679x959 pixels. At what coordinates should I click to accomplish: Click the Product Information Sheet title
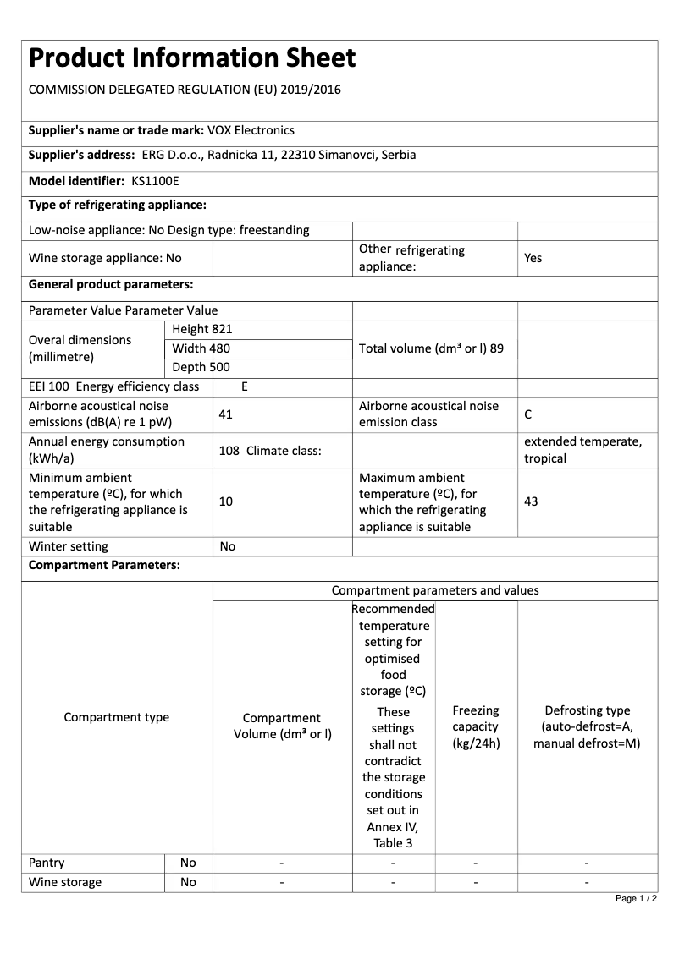tap(192, 58)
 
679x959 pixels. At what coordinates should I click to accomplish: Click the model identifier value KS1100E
tap(156, 180)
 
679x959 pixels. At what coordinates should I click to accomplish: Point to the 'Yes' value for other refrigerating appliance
tap(533, 258)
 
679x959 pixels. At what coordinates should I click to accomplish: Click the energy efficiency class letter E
tap(245, 386)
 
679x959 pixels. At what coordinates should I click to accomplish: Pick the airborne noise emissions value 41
tap(225, 414)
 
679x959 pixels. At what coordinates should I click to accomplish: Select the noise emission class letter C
tap(528, 414)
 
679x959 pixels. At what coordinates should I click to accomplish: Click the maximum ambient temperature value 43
tap(531, 501)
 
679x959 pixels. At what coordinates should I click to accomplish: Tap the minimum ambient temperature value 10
tap(225, 501)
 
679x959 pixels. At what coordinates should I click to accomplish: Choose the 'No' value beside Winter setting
tap(227, 546)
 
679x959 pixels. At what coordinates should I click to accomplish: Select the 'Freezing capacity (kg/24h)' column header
tap(476, 726)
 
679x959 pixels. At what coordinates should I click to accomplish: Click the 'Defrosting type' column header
tap(587, 726)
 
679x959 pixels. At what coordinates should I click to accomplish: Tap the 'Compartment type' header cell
tap(117, 717)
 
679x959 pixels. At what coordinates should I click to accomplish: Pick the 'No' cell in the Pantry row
tap(188, 863)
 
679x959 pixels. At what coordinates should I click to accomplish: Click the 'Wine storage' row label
tap(65, 882)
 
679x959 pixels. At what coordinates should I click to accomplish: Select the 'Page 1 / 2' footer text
tap(636, 898)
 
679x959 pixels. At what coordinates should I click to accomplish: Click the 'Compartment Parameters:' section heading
tap(104, 566)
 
